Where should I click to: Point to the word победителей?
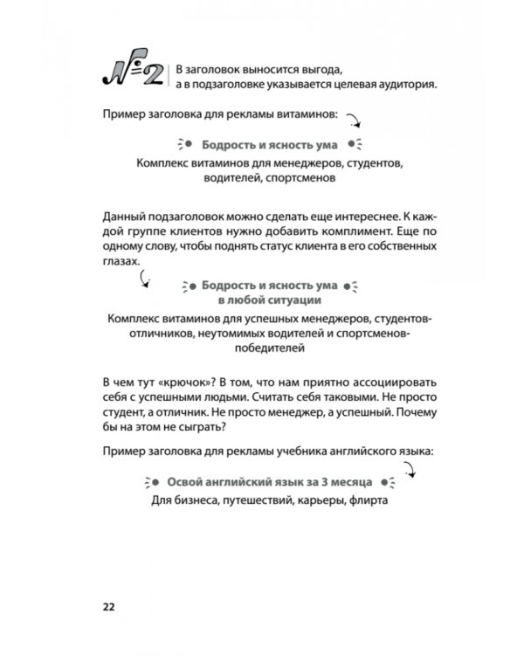262,348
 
